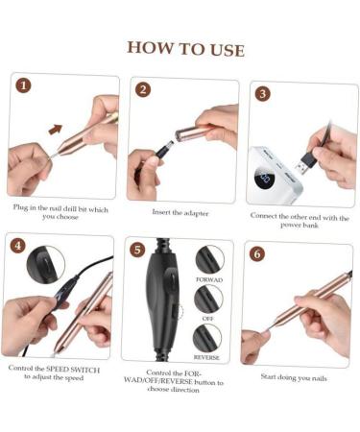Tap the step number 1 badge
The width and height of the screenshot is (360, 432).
23,85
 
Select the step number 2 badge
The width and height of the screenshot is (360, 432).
143,89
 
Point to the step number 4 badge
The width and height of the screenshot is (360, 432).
17,246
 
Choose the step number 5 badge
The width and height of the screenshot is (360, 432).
137,250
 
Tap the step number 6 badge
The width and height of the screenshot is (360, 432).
256,253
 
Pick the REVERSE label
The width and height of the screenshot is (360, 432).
208,356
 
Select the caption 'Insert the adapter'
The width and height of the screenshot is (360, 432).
180,212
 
